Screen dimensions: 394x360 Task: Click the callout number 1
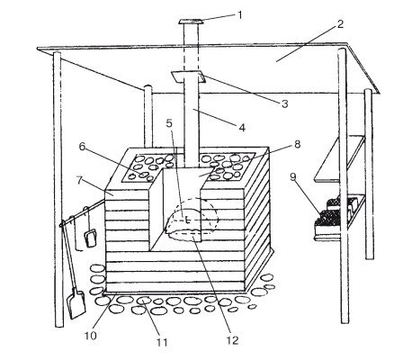(x=239, y=15)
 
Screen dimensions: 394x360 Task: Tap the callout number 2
(x=340, y=24)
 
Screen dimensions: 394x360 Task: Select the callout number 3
(x=284, y=103)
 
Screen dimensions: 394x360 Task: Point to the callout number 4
(x=242, y=128)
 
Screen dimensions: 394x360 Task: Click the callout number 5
(x=169, y=123)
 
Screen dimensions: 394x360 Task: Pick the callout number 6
(x=83, y=147)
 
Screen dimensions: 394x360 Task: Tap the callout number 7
(x=79, y=181)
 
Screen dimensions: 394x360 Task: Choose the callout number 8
(x=297, y=144)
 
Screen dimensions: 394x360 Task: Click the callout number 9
(x=293, y=177)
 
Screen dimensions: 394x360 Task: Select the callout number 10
(x=90, y=336)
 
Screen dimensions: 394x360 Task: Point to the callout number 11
(x=162, y=342)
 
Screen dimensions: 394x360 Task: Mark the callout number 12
(x=232, y=340)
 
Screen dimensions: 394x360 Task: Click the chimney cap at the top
(x=191, y=22)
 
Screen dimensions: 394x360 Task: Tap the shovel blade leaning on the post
(x=76, y=303)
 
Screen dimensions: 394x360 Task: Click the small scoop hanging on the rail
(x=91, y=238)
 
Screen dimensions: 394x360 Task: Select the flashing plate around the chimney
(x=188, y=76)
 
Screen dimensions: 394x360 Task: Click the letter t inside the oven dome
(x=187, y=220)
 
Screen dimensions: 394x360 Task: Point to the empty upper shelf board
(x=340, y=158)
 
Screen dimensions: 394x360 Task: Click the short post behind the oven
(x=148, y=116)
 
